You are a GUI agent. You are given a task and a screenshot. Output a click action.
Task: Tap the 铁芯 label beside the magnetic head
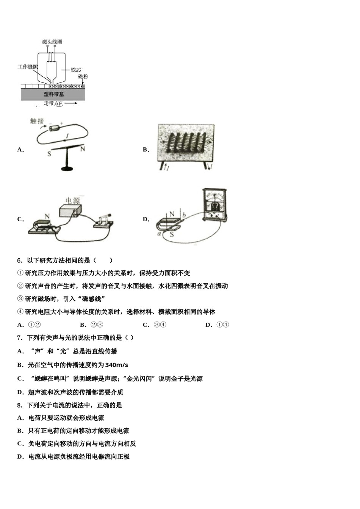(76, 70)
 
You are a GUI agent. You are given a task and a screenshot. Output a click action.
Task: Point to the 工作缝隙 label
(28, 67)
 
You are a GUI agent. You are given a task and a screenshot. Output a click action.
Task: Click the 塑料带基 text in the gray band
(53, 94)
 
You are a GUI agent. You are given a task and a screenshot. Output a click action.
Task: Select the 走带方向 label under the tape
(53, 103)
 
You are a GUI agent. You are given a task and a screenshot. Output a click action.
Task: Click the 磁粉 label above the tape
(83, 77)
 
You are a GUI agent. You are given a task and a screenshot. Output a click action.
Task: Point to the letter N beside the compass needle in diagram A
(83, 149)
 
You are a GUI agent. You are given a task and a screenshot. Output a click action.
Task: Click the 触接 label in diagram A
(37, 121)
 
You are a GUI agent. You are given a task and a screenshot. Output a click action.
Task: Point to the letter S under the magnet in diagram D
(172, 234)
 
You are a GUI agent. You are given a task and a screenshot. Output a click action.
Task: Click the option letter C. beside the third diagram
(20, 219)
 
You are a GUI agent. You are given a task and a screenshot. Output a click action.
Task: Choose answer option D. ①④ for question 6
(218, 325)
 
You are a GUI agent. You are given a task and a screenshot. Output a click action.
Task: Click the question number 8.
(19, 405)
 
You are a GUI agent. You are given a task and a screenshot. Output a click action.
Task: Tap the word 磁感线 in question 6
(92, 299)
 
